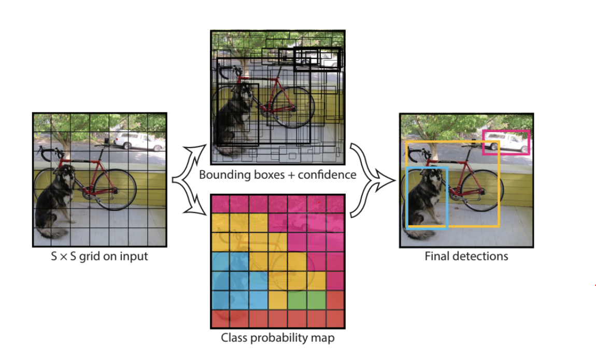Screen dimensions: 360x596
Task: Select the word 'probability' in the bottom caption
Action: [x=283, y=339]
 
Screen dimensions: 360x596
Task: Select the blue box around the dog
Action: [x=408, y=197]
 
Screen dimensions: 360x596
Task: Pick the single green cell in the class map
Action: [x=297, y=299]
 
